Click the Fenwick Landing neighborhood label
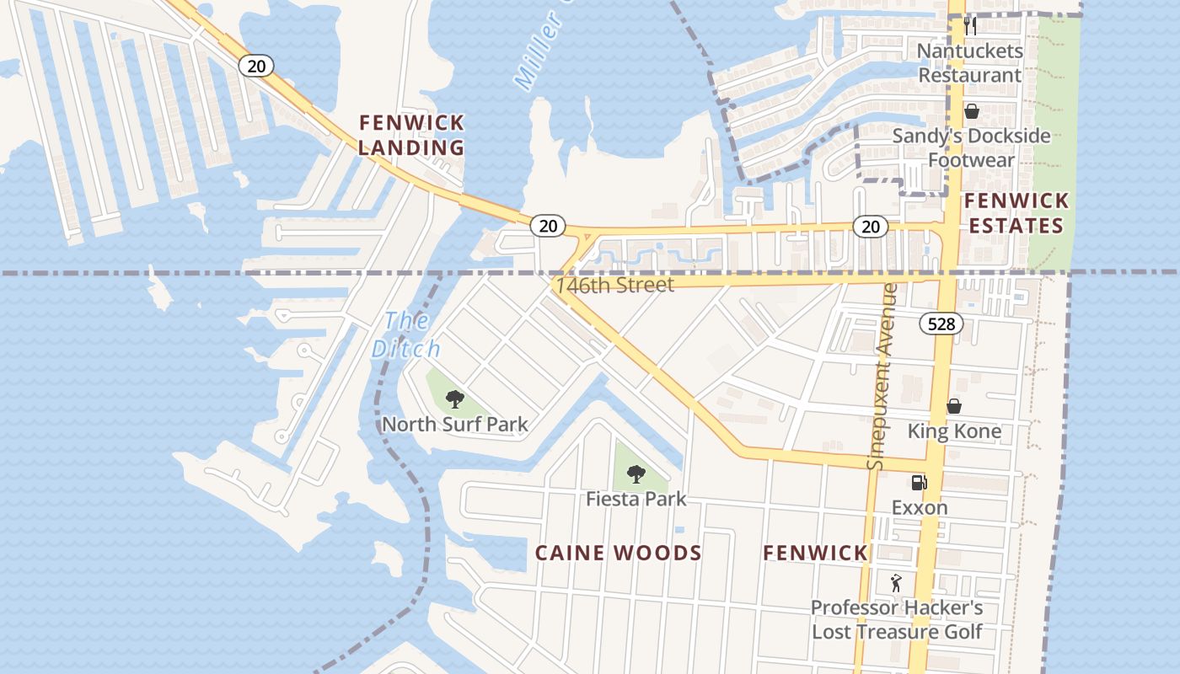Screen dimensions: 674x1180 (x=411, y=135)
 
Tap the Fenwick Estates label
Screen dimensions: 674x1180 (x=1016, y=213)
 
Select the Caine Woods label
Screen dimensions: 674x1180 (x=619, y=553)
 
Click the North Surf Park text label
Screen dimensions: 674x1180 (x=455, y=424)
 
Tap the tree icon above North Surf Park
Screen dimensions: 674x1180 (x=455, y=399)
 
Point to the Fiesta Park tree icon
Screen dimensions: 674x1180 (x=636, y=474)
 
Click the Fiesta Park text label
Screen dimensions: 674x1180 (x=636, y=499)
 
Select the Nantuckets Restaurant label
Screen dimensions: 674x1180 (x=969, y=63)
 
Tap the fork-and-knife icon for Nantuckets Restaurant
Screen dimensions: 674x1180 (x=970, y=25)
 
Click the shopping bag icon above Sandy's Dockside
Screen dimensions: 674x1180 (x=971, y=111)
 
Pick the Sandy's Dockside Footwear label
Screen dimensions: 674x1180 (x=971, y=147)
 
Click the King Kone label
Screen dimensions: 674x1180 (x=954, y=431)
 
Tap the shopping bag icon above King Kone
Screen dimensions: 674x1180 (x=954, y=406)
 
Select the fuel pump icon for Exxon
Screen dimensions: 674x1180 (x=919, y=483)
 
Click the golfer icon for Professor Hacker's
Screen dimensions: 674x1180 (x=896, y=582)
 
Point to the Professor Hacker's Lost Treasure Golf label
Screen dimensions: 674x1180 (x=897, y=619)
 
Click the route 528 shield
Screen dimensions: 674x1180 (x=941, y=324)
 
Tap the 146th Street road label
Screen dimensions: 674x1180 (x=614, y=285)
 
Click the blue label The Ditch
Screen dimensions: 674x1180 (x=406, y=334)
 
